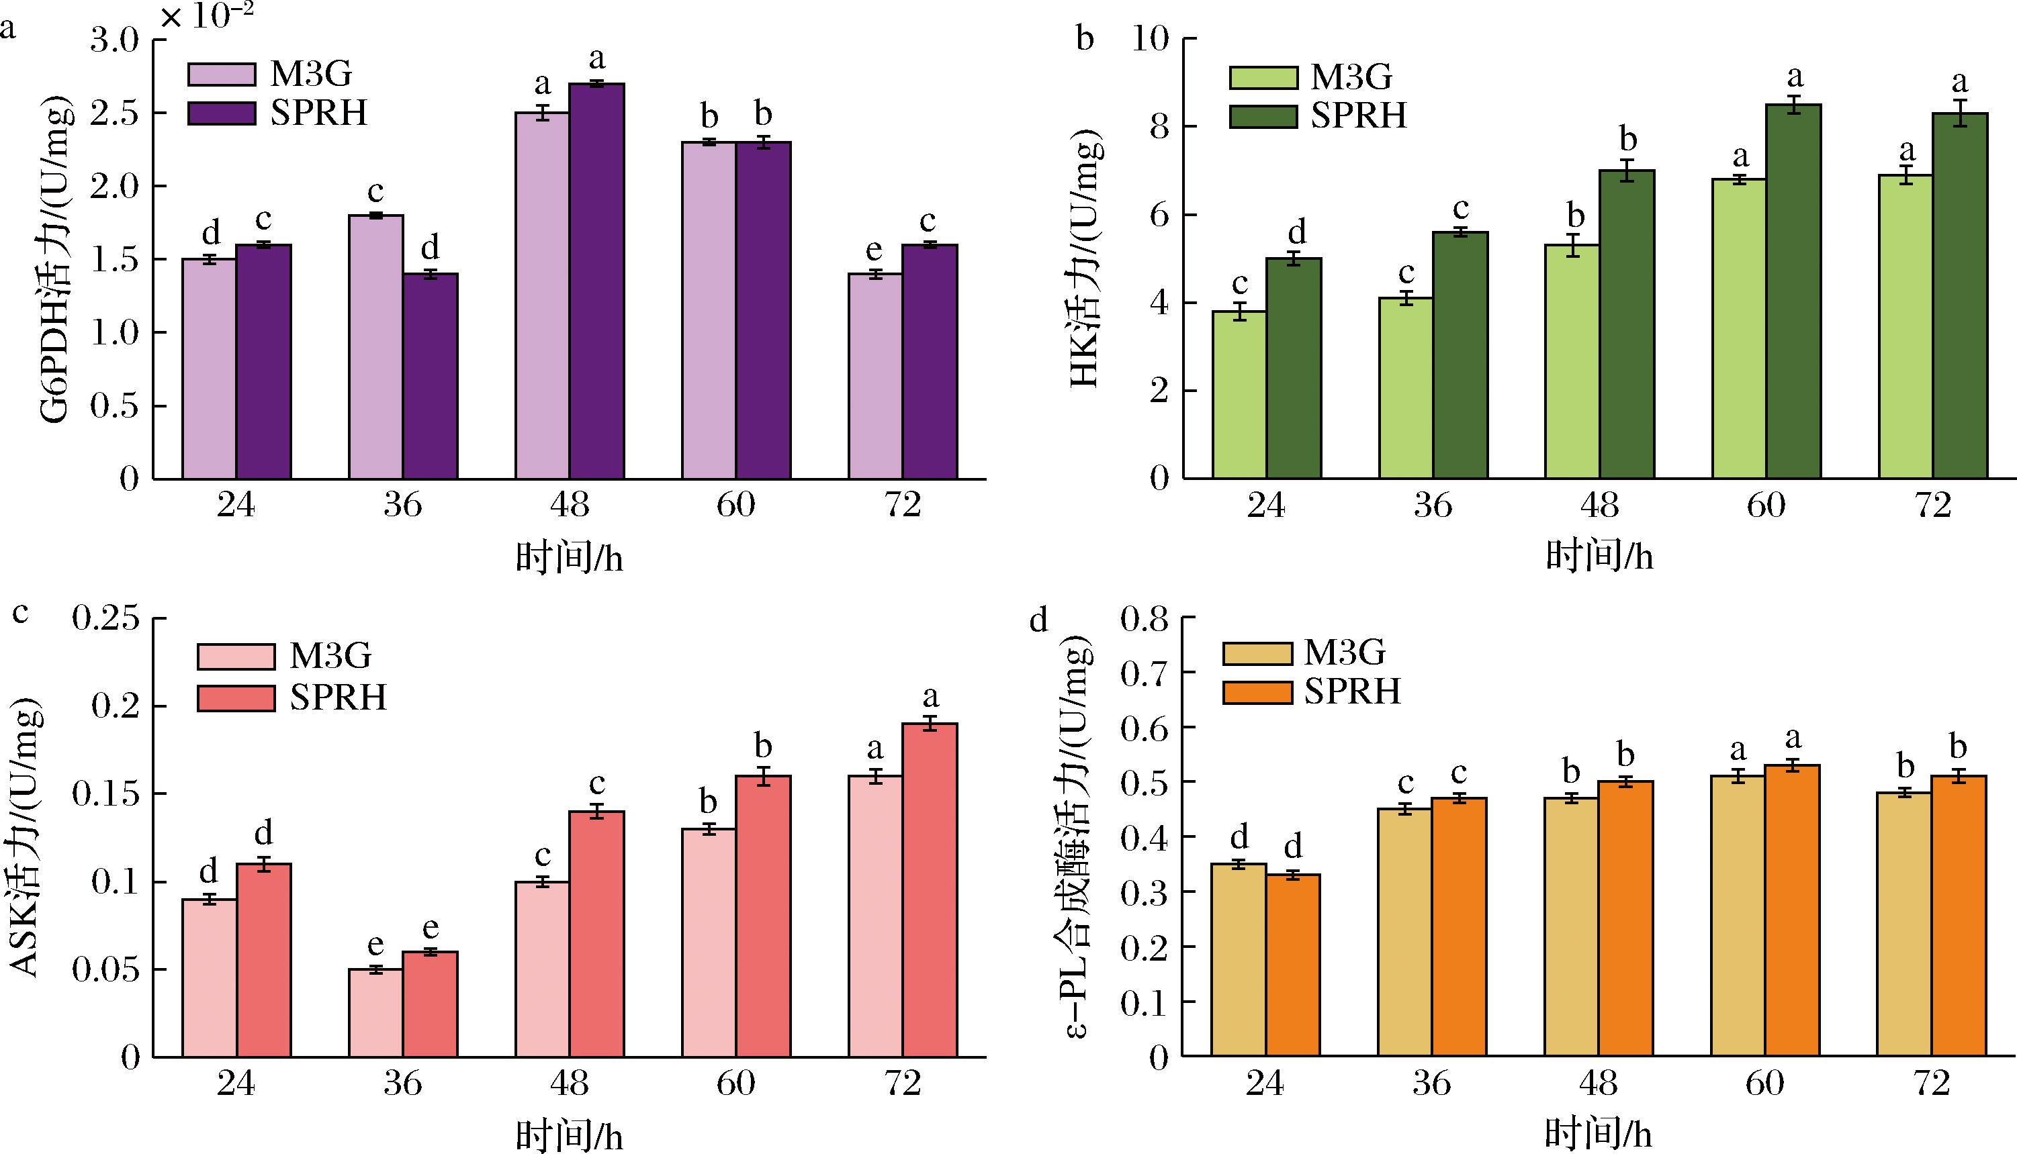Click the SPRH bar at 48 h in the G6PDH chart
(x=597, y=281)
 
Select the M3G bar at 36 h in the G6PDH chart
(x=376, y=347)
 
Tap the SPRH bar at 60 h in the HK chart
(x=1793, y=291)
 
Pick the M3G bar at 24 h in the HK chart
(x=1239, y=395)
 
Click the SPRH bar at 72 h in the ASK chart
(x=930, y=890)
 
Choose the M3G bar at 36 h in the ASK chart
(x=376, y=1013)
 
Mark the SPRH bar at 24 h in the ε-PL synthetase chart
(x=1293, y=965)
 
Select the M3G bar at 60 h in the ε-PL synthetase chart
(x=1738, y=916)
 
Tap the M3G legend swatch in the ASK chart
(x=236, y=657)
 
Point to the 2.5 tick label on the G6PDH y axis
(x=114, y=113)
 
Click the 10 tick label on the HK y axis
(x=1152, y=39)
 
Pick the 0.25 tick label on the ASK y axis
(x=106, y=618)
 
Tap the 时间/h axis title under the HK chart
(x=1599, y=557)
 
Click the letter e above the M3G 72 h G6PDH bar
(x=874, y=250)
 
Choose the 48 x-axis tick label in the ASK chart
(x=570, y=1083)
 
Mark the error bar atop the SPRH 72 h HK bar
(x=1960, y=113)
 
